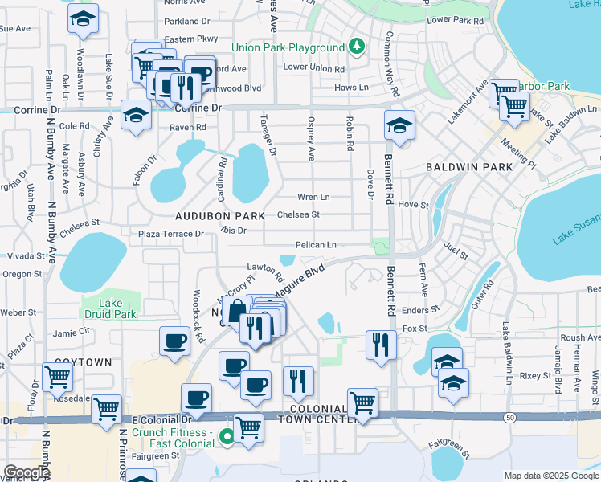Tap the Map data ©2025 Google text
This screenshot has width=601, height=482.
pos(550,476)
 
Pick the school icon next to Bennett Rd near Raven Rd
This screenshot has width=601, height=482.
pos(399,126)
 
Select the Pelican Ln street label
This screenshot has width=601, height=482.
pos(316,244)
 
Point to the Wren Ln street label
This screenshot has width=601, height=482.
pos(313,197)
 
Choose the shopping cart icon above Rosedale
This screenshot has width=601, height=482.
pos(56,374)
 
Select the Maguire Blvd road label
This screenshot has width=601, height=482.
pos(299,279)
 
